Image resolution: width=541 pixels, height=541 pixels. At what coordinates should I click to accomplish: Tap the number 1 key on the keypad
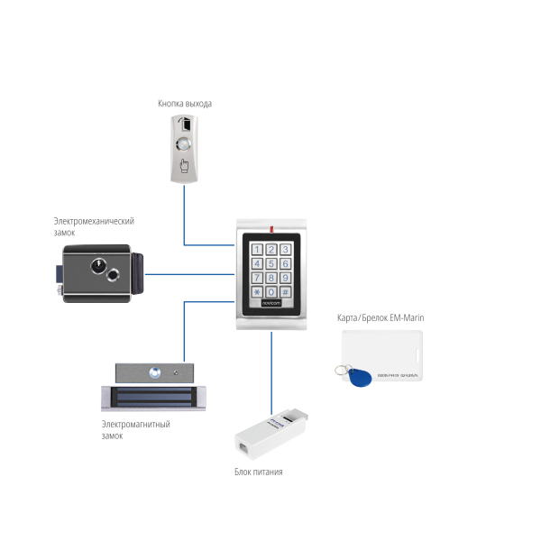(x=257, y=250)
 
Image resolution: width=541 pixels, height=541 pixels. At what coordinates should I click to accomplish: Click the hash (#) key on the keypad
(x=285, y=292)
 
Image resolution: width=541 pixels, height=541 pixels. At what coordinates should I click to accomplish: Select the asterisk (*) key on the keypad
(x=257, y=292)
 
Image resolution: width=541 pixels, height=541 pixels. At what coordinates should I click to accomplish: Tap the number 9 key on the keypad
(x=285, y=279)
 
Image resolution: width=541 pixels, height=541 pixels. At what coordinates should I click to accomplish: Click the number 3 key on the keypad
(x=285, y=250)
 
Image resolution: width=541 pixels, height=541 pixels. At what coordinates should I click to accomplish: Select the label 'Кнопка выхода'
(x=185, y=104)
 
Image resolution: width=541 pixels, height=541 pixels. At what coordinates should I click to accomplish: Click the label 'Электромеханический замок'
(x=94, y=226)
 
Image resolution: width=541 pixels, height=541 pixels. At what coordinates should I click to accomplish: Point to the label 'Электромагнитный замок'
(x=136, y=429)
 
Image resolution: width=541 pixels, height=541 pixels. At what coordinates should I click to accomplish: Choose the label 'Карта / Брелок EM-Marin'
(x=380, y=318)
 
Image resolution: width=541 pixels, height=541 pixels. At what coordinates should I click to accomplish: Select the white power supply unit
(x=269, y=435)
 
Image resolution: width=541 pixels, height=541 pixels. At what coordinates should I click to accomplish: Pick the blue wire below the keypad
(x=271, y=370)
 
